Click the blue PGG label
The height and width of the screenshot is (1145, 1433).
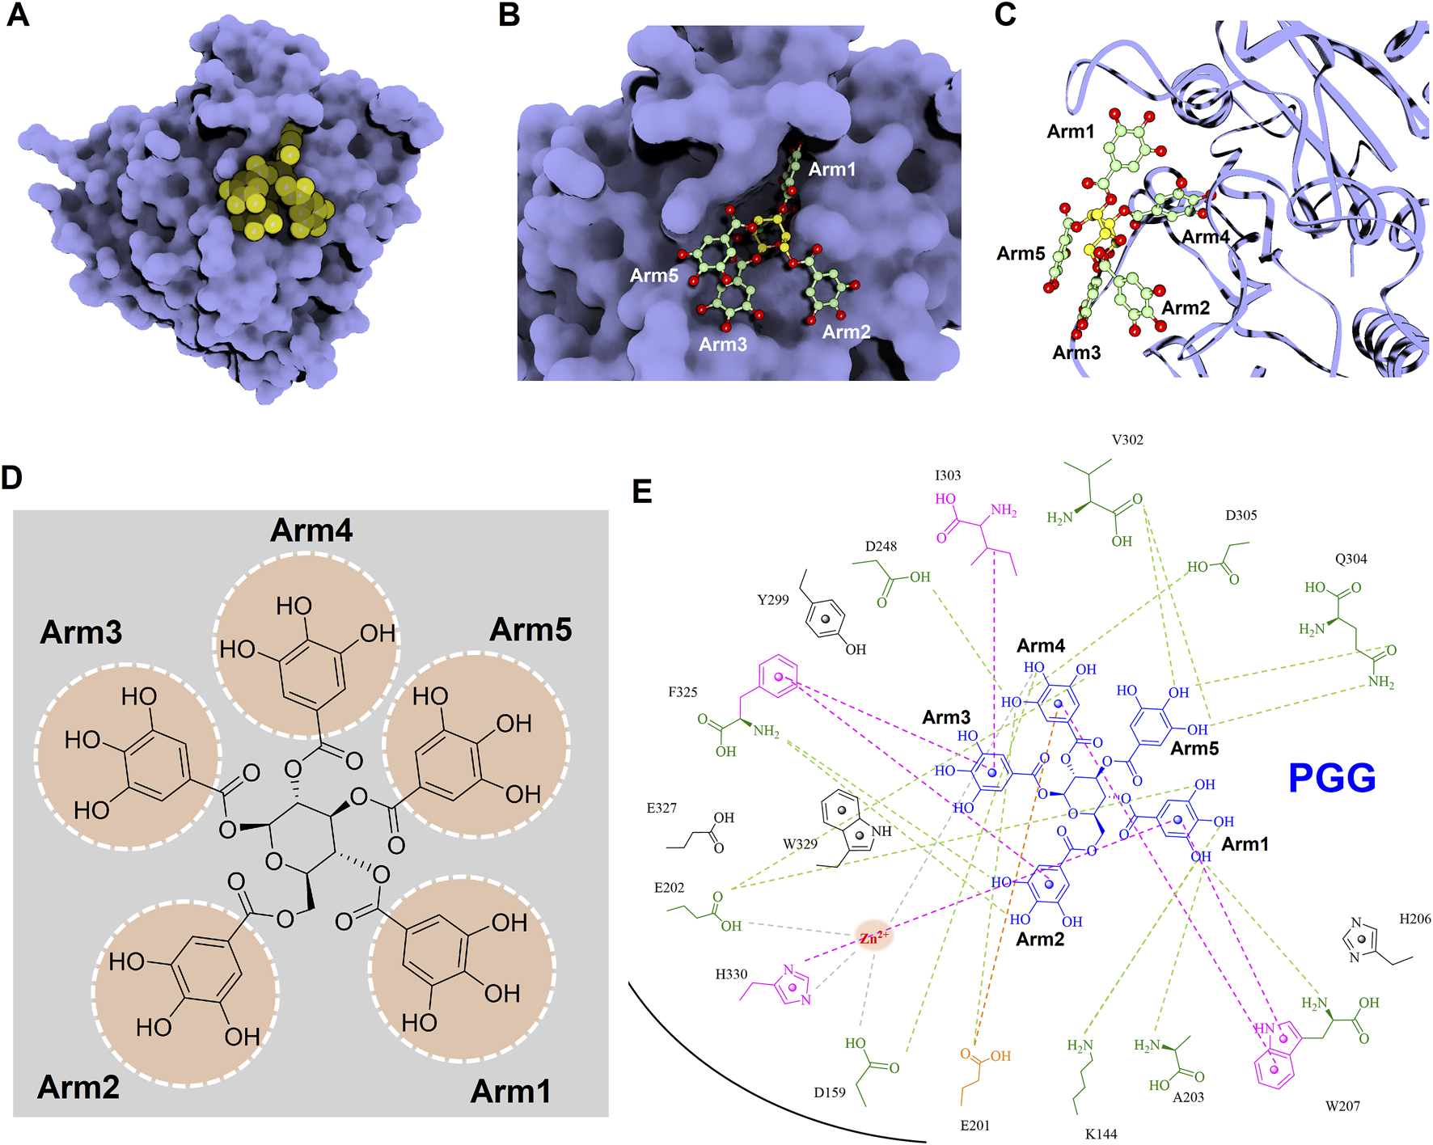[1331, 778]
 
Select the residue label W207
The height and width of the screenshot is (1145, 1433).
[1342, 1106]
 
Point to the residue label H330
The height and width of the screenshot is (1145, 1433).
[731, 974]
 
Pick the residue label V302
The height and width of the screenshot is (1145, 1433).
[1127, 440]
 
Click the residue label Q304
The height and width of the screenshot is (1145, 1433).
[1351, 559]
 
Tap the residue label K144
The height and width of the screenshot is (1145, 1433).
[1101, 1134]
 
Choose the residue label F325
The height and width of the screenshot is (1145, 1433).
[683, 692]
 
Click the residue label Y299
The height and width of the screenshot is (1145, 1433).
[773, 600]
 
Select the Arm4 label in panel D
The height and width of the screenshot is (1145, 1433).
[311, 530]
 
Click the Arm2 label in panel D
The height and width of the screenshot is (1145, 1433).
[78, 1087]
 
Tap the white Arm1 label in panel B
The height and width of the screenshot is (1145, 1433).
[831, 170]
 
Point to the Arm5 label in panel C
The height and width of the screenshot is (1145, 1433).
[1021, 254]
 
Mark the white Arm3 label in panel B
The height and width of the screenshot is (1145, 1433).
[723, 344]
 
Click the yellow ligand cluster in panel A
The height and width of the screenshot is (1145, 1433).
[275, 194]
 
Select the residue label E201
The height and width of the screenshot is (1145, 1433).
[974, 1126]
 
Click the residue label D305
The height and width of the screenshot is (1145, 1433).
[1241, 515]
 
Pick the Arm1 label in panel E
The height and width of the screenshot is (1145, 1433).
[1245, 844]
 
